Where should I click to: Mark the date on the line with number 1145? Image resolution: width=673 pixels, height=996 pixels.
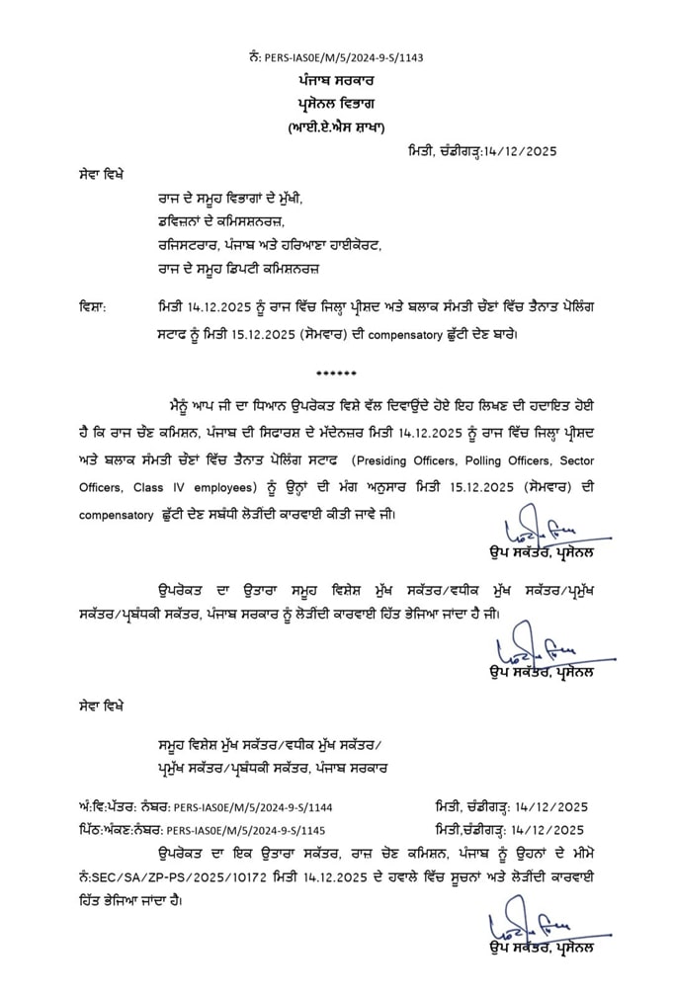(x=549, y=830)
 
